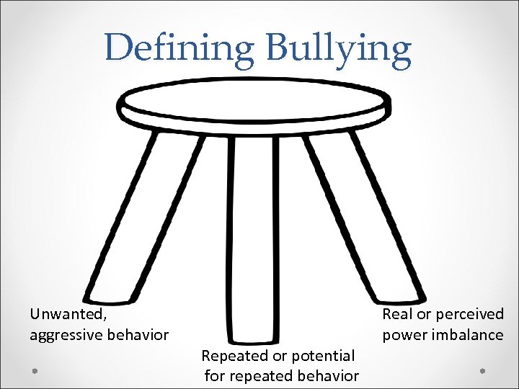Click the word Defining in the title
coord(180,48)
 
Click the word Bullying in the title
coord(339,48)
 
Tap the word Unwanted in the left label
coord(68,314)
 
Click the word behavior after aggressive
coord(137,335)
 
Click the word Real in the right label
coord(396,314)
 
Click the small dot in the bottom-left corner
coord(35,370)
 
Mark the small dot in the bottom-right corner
coord(482,370)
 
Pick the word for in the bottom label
coord(216,376)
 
